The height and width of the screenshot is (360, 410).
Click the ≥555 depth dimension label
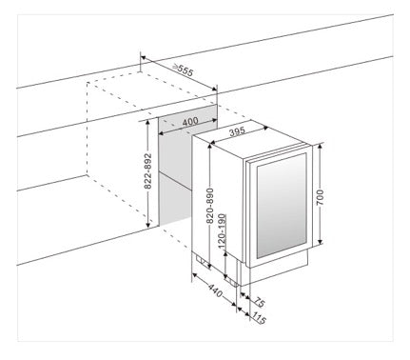tap(183, 70)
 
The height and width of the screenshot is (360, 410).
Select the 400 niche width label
tap(190, 121)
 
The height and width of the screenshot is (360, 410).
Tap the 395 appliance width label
tap(237, 131)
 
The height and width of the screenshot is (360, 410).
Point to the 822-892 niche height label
tap(147, 171)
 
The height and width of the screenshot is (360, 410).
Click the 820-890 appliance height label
tap(210, 207)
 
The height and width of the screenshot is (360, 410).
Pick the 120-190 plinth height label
tap(222, 231)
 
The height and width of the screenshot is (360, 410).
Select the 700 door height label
tap(320, 197)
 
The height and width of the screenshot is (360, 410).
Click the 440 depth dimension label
tap(215, 290)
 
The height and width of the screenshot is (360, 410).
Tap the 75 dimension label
tap(259, 302)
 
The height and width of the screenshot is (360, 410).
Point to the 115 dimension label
tap(259, 318)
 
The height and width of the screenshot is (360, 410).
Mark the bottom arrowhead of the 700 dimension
tap(320, 242)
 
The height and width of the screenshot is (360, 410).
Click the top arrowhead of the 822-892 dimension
tap(147, 123)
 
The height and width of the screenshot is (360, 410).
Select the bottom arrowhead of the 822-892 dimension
tap(147, 225)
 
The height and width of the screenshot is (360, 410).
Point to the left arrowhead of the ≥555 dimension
tap(144, 58)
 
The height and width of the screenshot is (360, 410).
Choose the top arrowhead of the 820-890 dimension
tap(210, 147)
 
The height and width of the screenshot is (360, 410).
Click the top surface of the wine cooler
tap(249, 138)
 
